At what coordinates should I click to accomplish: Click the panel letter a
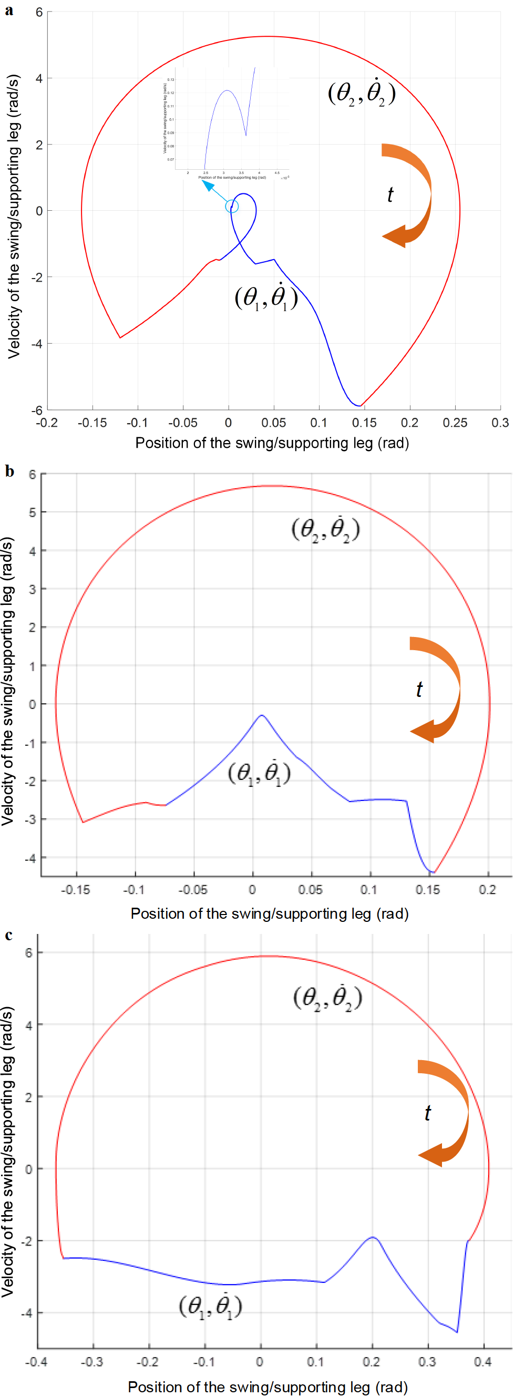9,11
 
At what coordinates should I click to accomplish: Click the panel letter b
9,471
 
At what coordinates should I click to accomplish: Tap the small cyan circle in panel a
232,207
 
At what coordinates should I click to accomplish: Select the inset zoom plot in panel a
228,122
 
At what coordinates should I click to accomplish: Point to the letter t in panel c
427,1113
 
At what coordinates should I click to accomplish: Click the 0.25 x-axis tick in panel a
455,423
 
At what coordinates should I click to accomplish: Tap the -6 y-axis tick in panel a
37,410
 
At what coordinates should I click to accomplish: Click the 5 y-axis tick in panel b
33,512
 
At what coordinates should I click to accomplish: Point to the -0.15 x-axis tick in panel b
75,889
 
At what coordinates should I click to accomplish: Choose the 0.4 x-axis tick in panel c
482,1362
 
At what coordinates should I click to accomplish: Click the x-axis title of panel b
270,914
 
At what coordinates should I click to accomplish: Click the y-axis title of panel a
13,217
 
